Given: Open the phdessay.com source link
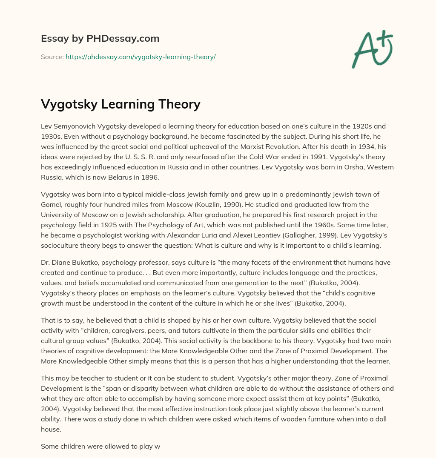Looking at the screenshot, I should point(141,57).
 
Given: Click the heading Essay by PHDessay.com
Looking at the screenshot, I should point(100,38).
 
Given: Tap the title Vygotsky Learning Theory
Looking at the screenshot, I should point(120,104).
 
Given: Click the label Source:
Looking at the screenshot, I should point(52,57).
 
